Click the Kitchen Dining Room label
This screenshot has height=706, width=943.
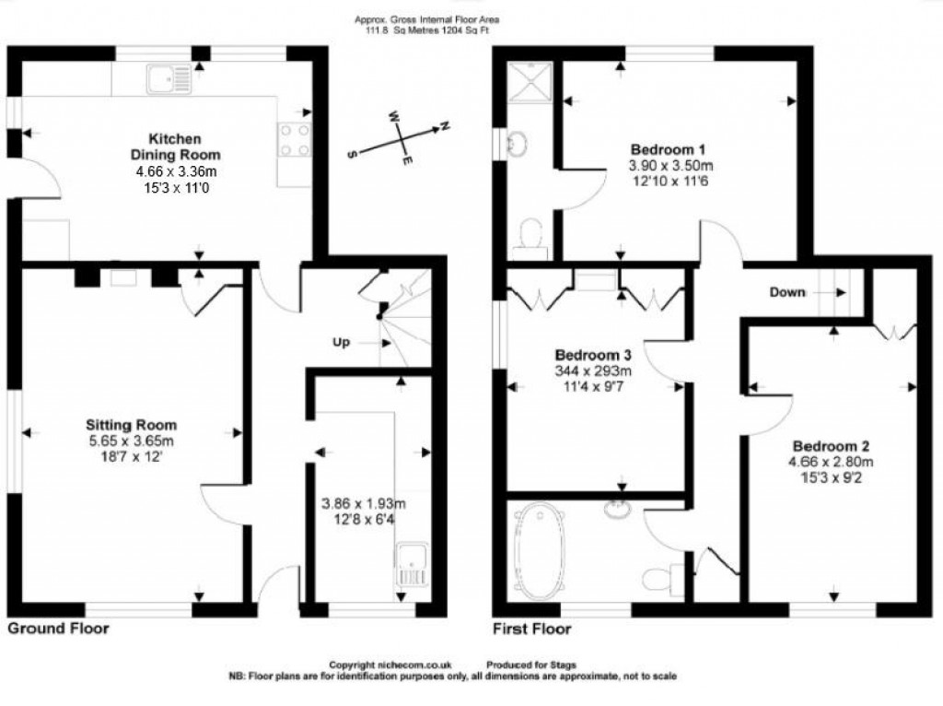pos(176,147)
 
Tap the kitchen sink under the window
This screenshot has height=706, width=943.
pos(169,79)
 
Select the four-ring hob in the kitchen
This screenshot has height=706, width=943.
pos(295,140)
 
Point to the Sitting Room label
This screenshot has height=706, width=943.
pos(131,425)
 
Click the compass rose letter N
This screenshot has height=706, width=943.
pos(445,125)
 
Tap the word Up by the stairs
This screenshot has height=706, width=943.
pos(341,343)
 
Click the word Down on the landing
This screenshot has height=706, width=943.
pos(787,292)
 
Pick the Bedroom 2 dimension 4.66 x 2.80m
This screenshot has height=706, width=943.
pos(831,463)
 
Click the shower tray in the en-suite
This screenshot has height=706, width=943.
pos(530,82)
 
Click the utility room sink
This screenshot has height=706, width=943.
pos(412,565)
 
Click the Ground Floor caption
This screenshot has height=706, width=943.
pos(58,629)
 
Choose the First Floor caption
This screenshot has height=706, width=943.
pos(532,630)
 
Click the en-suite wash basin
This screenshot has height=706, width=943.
pos(517,144)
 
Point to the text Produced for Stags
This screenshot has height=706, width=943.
pos(531,665)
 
